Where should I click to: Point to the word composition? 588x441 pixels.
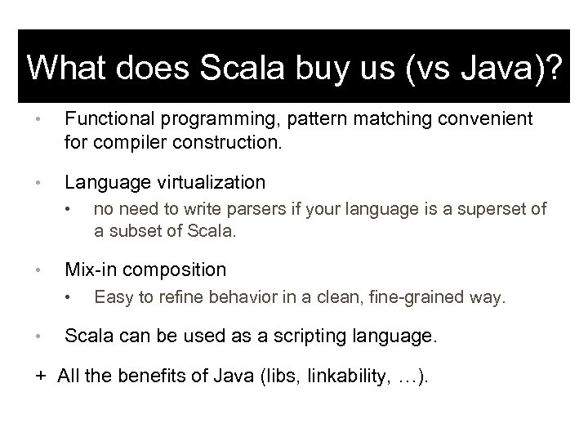pos(176,269)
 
